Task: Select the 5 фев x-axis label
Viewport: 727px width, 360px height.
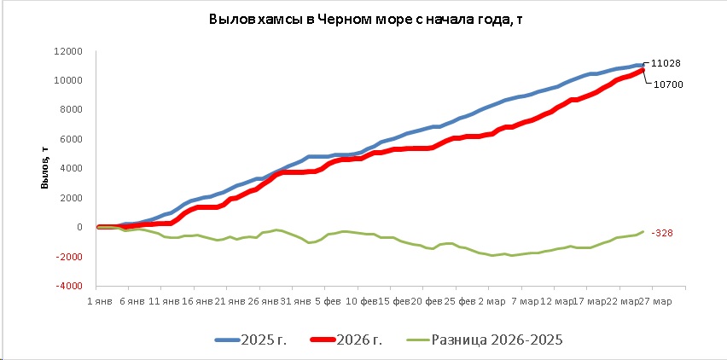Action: [x=329, y=301]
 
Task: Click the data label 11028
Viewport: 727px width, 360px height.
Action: [x=665, y=63]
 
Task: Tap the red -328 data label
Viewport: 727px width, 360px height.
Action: [x=662, y=232]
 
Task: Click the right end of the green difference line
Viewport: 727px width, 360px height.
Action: [x=643, y=231]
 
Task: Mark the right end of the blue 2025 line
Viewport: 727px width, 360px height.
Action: [x=643, y=65]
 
